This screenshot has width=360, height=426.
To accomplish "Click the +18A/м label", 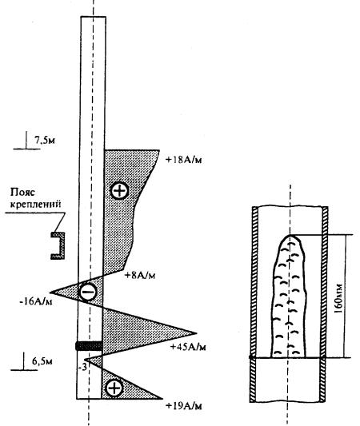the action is [183, 160].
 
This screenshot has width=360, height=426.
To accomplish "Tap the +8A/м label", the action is [140, 275].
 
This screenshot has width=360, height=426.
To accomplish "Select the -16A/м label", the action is [36, 301].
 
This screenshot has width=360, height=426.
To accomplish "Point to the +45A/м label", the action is [188, 347].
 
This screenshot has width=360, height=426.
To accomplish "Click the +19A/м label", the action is [184, 406].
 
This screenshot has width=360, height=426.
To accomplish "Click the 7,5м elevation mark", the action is [45, 140].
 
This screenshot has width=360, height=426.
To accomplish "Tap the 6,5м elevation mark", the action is [42, 361].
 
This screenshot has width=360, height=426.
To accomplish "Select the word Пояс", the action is [23, 193].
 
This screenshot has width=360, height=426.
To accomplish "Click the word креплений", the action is [35, 205].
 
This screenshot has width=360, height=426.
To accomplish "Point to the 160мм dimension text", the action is [338, 297].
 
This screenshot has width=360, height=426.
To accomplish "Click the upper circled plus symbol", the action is [119, 191].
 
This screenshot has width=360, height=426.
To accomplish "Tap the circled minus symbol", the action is [87, 292].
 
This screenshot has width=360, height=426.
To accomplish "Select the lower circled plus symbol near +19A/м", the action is [114, 388].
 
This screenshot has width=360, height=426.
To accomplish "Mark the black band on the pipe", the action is [89, 346].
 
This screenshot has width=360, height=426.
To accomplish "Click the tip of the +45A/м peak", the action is [196, 333].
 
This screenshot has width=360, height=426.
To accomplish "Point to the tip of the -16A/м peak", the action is [51, 293].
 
